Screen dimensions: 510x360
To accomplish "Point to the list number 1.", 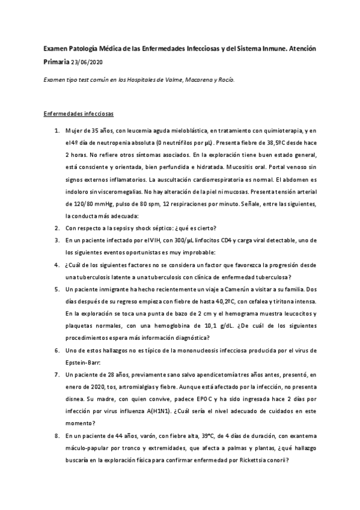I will pos(56,130).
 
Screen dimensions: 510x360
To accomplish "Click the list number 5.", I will pos(56,289).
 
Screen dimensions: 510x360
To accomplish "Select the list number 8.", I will pos(56,435).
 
